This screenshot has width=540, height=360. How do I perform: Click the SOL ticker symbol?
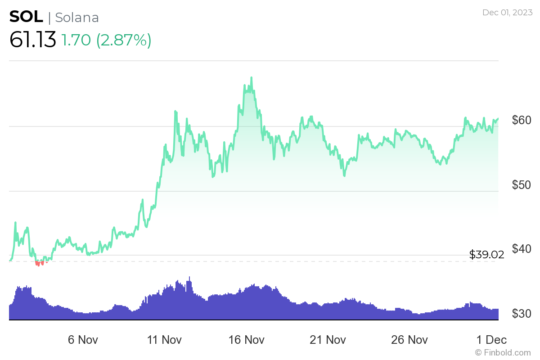[x=26, y=17]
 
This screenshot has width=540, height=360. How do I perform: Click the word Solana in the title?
[x=77, y=17]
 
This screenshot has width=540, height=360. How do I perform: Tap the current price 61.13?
[x=32, y=40]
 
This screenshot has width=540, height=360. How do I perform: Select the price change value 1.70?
[x=76, y=40]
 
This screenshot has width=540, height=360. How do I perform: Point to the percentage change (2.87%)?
[x=123, y=40]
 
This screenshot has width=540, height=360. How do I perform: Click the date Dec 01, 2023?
[x=507, y=13]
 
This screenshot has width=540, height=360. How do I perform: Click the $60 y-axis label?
[x=522, y=120]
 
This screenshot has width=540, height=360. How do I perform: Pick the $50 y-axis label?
[x=522, y=185]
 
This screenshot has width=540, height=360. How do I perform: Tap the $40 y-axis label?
[x=522, y=249]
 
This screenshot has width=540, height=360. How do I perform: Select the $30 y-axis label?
[x=522, y=314]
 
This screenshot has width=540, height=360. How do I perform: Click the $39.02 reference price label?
[x=486, y=255]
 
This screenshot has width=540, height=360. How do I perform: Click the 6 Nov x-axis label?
[x=83, y=339]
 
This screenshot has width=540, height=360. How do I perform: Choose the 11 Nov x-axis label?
[x=164, y=339]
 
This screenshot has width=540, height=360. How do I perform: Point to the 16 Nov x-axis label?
[x=245, y=339]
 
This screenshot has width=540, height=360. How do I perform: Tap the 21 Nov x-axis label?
[x=327, y=339]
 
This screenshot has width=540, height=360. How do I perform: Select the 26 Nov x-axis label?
[x=408, y=339]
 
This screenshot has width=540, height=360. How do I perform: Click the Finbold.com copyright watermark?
[x=503, y=352]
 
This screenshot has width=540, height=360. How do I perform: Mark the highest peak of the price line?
[x=252, y=78]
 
